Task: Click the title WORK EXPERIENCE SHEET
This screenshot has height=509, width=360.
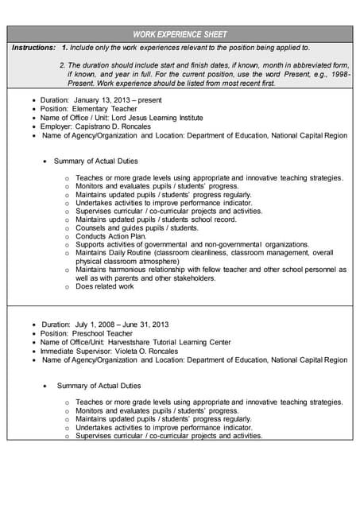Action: click(x=180, y=34)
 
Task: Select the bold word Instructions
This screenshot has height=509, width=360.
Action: click(x=33, y=48)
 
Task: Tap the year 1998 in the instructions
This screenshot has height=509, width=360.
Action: click(x=339, y=73)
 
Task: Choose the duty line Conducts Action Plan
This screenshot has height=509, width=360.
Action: click(x=111, y=236)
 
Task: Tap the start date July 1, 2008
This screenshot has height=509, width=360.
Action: click(x=98, y=324)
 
